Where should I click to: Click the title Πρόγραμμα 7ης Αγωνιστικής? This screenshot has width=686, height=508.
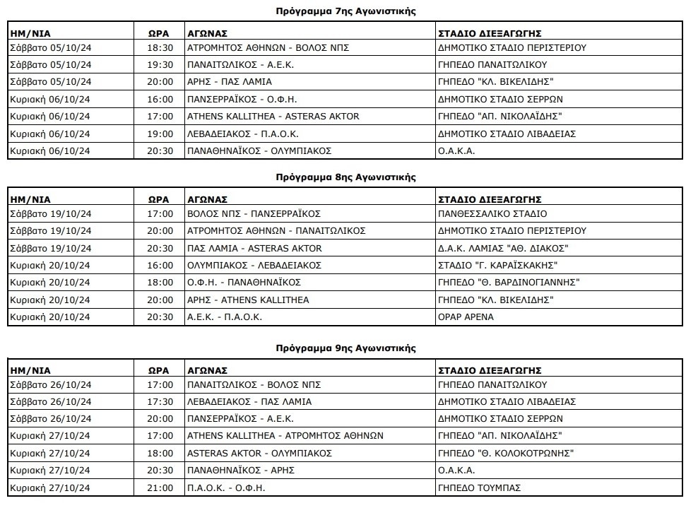point(345,11)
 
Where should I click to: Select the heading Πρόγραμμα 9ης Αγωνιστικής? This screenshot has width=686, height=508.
point(345,348)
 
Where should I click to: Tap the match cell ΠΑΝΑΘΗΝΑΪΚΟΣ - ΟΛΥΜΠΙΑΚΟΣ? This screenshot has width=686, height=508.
point(259,150)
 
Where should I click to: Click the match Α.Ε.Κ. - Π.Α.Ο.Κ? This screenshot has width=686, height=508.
point(224,317)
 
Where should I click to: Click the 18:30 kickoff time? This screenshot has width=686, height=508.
point(160,48)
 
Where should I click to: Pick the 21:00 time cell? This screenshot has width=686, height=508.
point(160,488)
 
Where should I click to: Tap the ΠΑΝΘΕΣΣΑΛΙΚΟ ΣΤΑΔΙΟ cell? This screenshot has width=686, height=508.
point(492,213)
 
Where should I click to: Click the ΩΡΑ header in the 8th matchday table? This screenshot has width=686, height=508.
point(159,199)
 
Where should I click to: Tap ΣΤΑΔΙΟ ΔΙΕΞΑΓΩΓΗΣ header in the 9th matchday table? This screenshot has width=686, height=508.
point(490,370)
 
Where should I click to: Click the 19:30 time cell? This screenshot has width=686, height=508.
point(160,65)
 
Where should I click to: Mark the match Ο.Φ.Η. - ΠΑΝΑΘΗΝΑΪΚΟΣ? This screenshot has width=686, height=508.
point(244,282)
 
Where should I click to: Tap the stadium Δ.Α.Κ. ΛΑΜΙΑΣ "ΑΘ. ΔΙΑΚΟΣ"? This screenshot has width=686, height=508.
point(503,248)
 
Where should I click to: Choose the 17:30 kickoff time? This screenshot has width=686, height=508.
point(160,401)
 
